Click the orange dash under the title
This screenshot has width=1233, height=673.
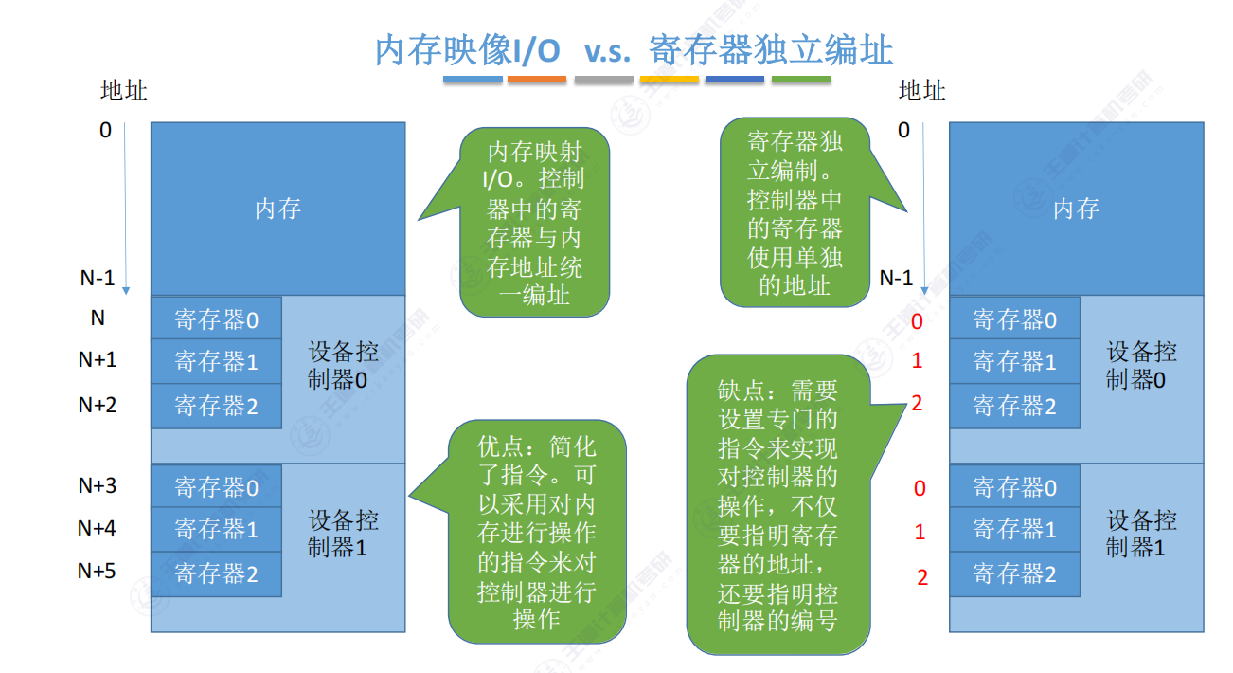pos(537,80)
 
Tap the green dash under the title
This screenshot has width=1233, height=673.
pos(800,80)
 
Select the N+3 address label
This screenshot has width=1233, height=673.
pos(97,486)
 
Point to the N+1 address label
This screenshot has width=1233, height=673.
pos(97,360)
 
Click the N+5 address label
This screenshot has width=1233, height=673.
pos(97,571)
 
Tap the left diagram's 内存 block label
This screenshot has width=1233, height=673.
pos(277,209)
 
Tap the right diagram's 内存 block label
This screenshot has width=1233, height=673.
pos(1076,209)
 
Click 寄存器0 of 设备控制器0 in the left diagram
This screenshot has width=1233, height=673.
pos(216,319)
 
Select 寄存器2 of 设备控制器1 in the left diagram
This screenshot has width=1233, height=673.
pos(216,573)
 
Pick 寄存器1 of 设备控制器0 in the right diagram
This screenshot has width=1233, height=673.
pos(1014,361)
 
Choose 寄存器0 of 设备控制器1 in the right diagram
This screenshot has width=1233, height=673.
pos(1014,488)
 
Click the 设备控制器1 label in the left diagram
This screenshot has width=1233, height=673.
pos(344,534)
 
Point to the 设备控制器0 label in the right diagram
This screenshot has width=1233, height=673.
pos(1142,366)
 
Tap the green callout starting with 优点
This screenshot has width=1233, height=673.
pos(537,533)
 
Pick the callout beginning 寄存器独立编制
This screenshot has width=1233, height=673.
pos(795,213)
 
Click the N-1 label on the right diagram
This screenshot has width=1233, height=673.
pos(896,278)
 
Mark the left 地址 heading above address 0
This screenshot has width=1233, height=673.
pos(124,91)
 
